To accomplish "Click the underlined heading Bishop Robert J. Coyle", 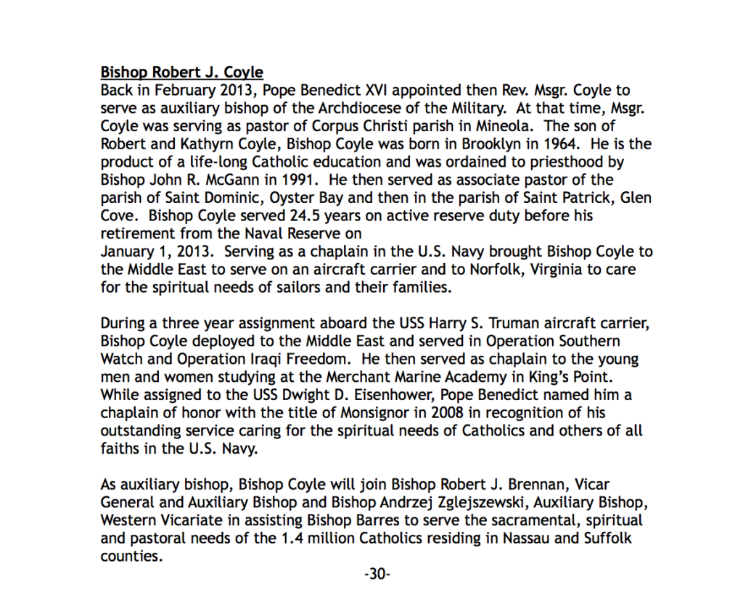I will [x=181, y=73].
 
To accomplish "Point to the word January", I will [x=127, y=251].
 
